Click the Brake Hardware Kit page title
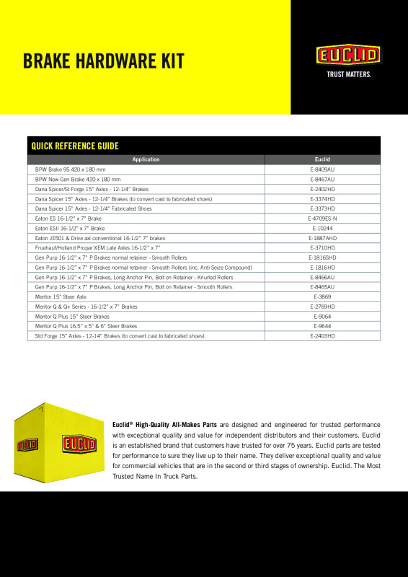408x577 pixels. [x=103, y=61]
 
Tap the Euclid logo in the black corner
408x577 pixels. [x=348, y=55]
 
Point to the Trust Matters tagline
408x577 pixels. [x=348, y=74]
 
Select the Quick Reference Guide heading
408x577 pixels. [x=75, y=146]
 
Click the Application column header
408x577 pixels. [x=146, y=159]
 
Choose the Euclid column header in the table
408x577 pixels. [x=322, y=159]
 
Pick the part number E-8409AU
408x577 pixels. [x=322, y=169]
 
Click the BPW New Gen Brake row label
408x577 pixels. [x=78, y=178]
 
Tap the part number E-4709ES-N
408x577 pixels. [x=322, y=218]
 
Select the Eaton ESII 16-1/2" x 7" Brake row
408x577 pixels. [x=70, y=228]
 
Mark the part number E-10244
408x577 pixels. [x=322, y=228]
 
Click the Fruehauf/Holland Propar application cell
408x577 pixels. [x=97, y=247]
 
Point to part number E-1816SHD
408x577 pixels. [x=322, y=257]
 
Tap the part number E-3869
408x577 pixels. [x=322, y=296]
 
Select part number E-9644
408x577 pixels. [x=322, y=326]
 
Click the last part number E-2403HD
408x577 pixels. [x=322, y=336]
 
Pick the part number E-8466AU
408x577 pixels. [x=322, y=277]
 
